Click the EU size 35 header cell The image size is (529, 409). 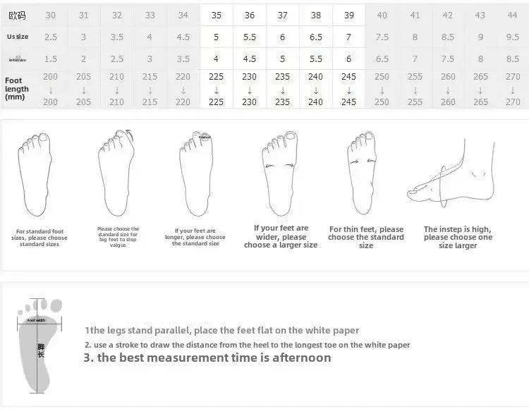pos(217,15)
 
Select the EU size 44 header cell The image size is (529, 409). pos(513,15)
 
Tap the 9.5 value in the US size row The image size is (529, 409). pos(513,37)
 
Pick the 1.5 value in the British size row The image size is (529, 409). pos(51,59)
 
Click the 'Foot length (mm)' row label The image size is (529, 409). pos(17,89)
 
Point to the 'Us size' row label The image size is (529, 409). pos(18,37)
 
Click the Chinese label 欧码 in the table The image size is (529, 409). pos(18,15)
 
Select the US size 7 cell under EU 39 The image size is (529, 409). pos(348,37)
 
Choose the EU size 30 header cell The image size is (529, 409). pos(51,15)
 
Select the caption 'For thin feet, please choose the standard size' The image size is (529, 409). pos(366,237)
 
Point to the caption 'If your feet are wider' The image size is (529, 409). pos(281,236)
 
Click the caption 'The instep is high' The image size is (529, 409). pos(457,237)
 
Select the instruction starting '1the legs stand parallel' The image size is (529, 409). pos(221,330)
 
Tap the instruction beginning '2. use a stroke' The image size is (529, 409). pos(247,345)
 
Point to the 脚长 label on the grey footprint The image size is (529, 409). pos(41,350)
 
